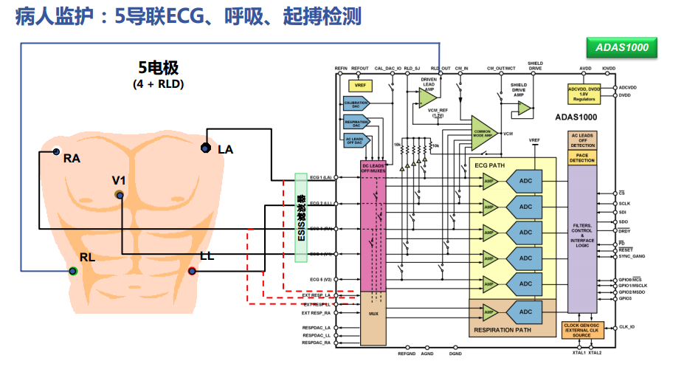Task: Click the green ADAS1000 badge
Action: [x=621, y=48]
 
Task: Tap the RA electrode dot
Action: [x=56, y=153]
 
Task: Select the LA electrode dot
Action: [x=206, y=149]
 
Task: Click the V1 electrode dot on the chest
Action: [x=119, y=194]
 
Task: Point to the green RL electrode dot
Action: [x=72, y=271]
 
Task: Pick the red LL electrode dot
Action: [x=192, y=271]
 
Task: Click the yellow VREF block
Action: [x=360, y=86]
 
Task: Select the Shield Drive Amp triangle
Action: [x=524, y=108]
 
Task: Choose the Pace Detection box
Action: [x=582, y=157]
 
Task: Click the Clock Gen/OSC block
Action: [x=582, y=330]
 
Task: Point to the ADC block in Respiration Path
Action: [x=525, y=311]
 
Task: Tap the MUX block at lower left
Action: [x=373, y=314]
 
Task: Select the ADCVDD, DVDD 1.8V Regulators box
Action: [x=584, y=93]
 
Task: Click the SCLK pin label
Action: [x=623, y=203]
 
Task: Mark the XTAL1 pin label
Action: [x=578, y=353]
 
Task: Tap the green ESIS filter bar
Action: [x=301, y=217]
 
